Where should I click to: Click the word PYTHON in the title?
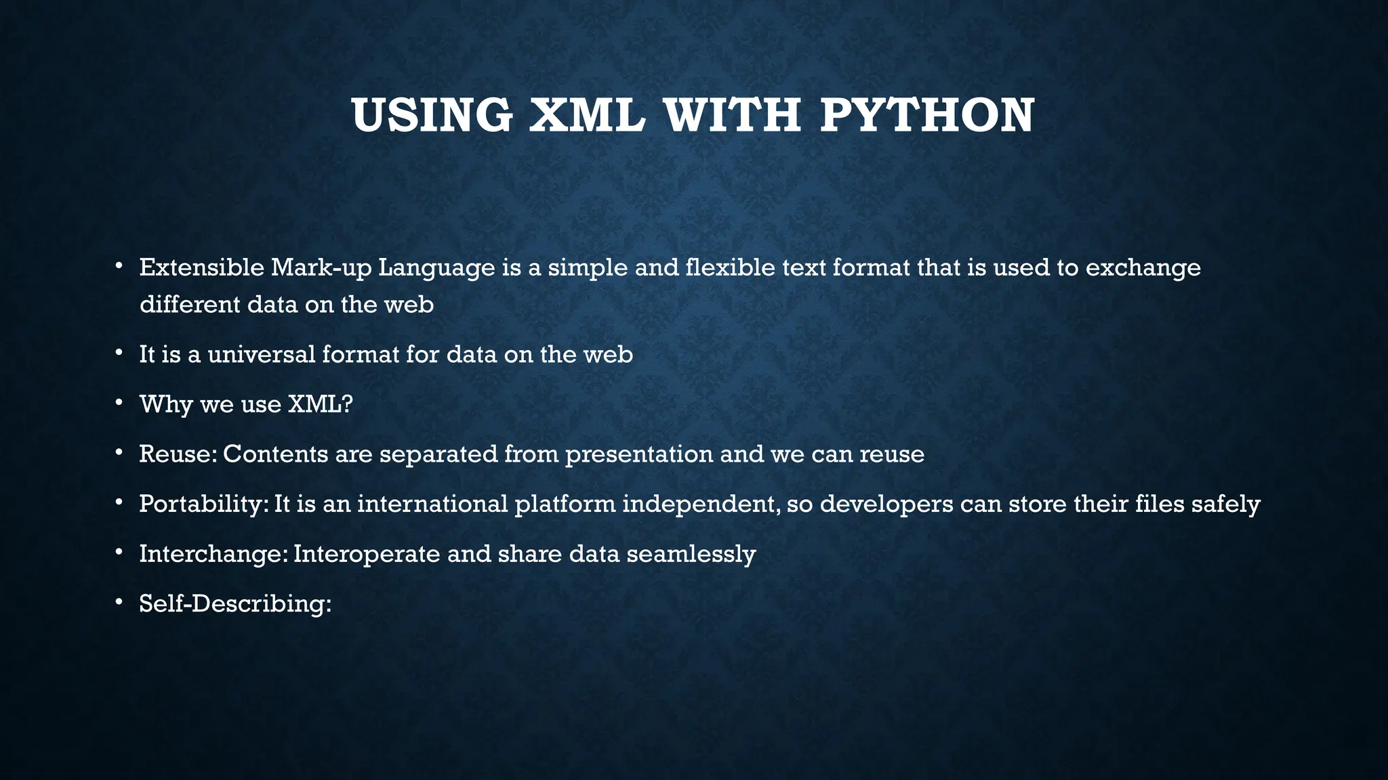926,116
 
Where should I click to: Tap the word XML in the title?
586,116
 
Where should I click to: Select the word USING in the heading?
432,116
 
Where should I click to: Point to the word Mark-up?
321,269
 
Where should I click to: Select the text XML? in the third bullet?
321,404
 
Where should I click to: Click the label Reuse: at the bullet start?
178,454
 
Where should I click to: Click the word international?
432,504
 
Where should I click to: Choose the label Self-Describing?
235,603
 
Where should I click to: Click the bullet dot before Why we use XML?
119,403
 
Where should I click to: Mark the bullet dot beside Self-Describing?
119,602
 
